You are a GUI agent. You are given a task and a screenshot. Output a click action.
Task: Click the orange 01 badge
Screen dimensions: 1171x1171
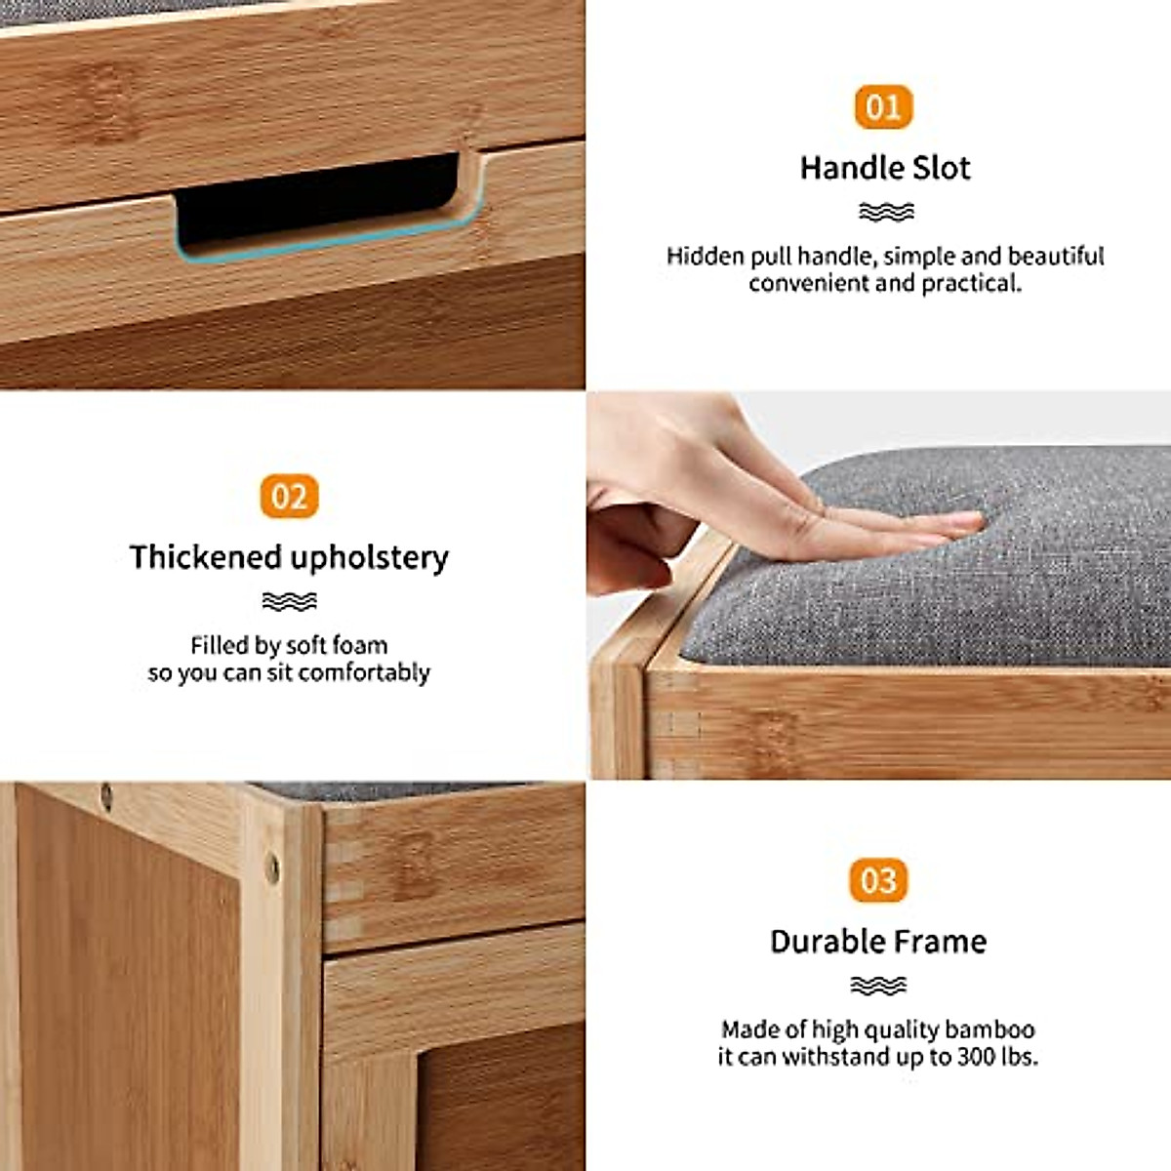[x=883, y=107]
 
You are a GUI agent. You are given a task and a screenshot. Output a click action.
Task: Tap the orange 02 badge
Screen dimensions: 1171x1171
[x=289, y=497]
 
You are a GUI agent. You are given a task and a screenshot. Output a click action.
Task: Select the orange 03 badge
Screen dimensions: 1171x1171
[x=878, y=881]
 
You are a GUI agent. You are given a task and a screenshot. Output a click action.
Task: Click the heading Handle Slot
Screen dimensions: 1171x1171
[x=885, y=168]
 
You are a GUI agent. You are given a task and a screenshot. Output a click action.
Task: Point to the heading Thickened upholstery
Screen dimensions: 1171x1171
[x=289, y=557]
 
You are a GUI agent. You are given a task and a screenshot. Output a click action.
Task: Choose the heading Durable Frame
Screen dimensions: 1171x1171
[x=878, y=942]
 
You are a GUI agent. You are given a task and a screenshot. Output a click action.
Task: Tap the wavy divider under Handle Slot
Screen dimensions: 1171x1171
[x=886, y=212]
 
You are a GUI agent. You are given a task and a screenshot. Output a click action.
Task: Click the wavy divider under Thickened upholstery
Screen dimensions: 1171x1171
[x=289, y=601]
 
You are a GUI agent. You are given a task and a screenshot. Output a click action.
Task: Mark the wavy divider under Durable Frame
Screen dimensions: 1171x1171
[x=878, y=986]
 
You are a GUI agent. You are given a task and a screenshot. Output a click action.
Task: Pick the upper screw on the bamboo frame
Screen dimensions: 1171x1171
[x=105, y=793]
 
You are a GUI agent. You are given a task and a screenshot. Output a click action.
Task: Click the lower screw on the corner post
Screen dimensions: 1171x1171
[x=272, y=865]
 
